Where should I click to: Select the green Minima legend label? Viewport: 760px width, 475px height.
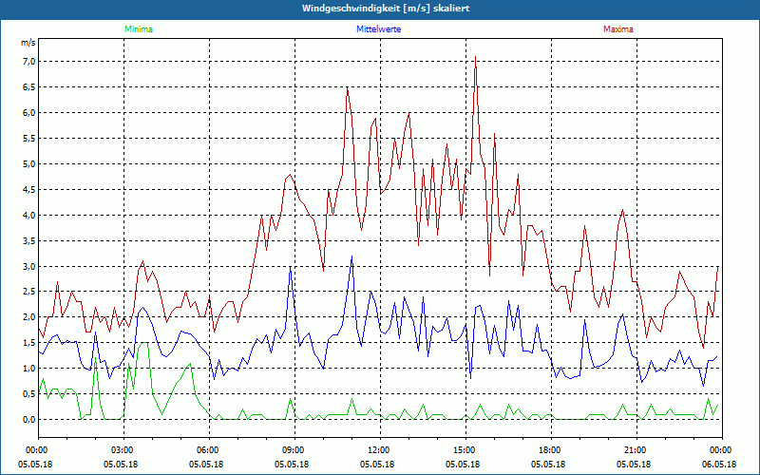pyautogui.click(x=138, y=29)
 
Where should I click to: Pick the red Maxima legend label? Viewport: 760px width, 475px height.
pyautogui.click(x=617, y=29)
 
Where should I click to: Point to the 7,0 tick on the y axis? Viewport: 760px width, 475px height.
pyautogui.click(x=28, y=62)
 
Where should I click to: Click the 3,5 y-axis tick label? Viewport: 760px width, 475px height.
pyautogui.click(x=28, y=240)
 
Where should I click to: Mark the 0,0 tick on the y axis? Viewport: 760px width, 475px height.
pyautogui.click(x=28, y=419)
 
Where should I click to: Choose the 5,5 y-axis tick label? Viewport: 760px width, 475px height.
pyautogui.click(x=28, y=139)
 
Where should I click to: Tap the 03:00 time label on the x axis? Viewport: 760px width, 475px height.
pyautogui.click(x=123, y=449)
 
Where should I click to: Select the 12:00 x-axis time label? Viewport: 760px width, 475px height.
pyautogui.click(x=379, y=449)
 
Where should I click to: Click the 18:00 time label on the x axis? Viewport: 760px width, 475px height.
pyautogui.click(x=550, y=449)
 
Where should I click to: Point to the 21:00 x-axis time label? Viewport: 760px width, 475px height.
pyautogui.click(x=636, y=449)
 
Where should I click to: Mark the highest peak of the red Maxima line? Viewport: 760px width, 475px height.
pyautogui.click(x=475, y=57)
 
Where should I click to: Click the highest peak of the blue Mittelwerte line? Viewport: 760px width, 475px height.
pyautogui.click(x=351, y=256)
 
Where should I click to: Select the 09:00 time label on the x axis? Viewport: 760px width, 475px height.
pyautogui.click(x=294, y=449)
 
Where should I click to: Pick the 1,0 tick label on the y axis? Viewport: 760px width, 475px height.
pyautogui.click(x=28, y=368)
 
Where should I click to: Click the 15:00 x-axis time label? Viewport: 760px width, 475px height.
pyautogui.click(x=465, y=449)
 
